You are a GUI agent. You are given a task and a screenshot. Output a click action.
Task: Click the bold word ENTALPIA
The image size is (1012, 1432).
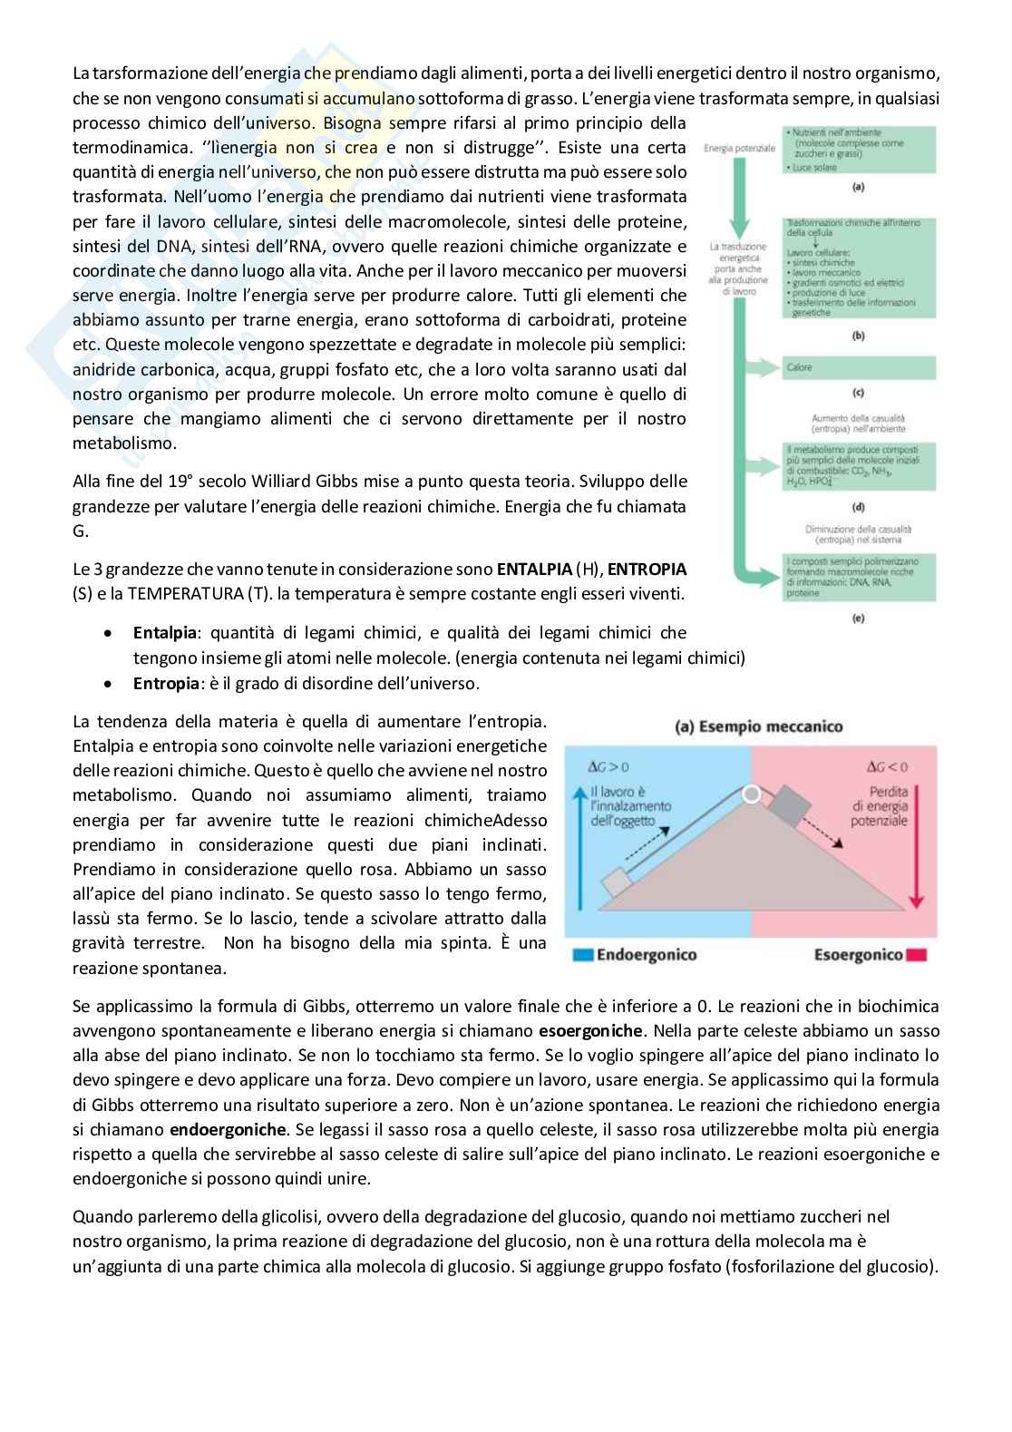click(534, 570)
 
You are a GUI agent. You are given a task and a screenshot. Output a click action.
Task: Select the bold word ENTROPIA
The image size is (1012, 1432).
click(647, 570)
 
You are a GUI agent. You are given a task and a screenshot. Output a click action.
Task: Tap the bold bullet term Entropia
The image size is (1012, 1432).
click(165, 684)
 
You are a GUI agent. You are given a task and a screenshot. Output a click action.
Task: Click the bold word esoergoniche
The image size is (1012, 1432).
click(590, 1031)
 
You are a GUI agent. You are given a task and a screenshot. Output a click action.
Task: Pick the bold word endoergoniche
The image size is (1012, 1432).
click(228, 1130)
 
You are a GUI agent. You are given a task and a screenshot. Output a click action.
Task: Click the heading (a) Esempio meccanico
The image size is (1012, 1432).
click(759, 726)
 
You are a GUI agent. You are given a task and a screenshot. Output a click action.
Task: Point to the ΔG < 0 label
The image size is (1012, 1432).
click(887, 767)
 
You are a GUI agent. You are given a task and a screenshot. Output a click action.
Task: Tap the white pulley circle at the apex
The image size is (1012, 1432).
click(751, 794)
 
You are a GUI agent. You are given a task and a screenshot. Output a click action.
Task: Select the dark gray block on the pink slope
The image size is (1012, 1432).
click(788, 806)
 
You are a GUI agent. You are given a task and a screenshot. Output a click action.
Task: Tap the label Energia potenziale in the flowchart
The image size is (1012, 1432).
click(739, 148)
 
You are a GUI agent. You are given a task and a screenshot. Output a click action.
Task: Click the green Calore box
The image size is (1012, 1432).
click(858, 367)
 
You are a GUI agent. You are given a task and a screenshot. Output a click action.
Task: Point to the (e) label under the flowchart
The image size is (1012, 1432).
click(858, 619)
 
